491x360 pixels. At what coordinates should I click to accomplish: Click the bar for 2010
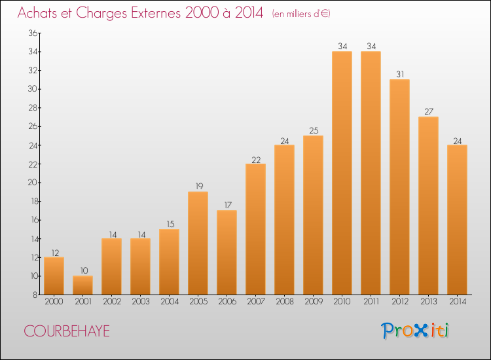coord(342,173)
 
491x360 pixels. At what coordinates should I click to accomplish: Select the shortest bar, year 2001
coord(82,285)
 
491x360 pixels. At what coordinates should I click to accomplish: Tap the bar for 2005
coord(198,243)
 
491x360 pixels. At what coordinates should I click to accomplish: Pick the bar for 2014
coord(457,220)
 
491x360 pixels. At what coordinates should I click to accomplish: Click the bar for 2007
coord(255,229)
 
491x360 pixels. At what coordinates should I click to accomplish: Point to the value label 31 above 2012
coord(400,74)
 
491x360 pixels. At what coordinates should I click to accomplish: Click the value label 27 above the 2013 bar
coord(429,111)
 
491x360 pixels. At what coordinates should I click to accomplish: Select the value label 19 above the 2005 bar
coord(199,187)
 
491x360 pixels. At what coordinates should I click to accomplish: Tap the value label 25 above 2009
coord(314,130)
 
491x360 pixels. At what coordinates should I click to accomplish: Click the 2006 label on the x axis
coord(227,302)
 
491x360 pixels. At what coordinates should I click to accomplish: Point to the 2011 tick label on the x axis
coord(371,302)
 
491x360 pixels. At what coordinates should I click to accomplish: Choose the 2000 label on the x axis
coord(54,302)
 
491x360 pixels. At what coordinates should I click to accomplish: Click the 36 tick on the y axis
coord(33,33)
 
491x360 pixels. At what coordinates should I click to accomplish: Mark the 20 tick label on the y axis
coord(33,183)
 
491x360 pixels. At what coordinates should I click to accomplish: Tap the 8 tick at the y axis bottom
coord(35,295)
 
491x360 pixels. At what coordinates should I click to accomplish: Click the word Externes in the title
coord(156,13)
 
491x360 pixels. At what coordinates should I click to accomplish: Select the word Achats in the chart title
coord(37,13)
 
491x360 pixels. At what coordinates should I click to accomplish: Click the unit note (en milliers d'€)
coord(301,14)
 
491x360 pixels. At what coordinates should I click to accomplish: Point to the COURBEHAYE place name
coord(67,331)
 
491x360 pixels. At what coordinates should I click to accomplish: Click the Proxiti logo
coord(415,331)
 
